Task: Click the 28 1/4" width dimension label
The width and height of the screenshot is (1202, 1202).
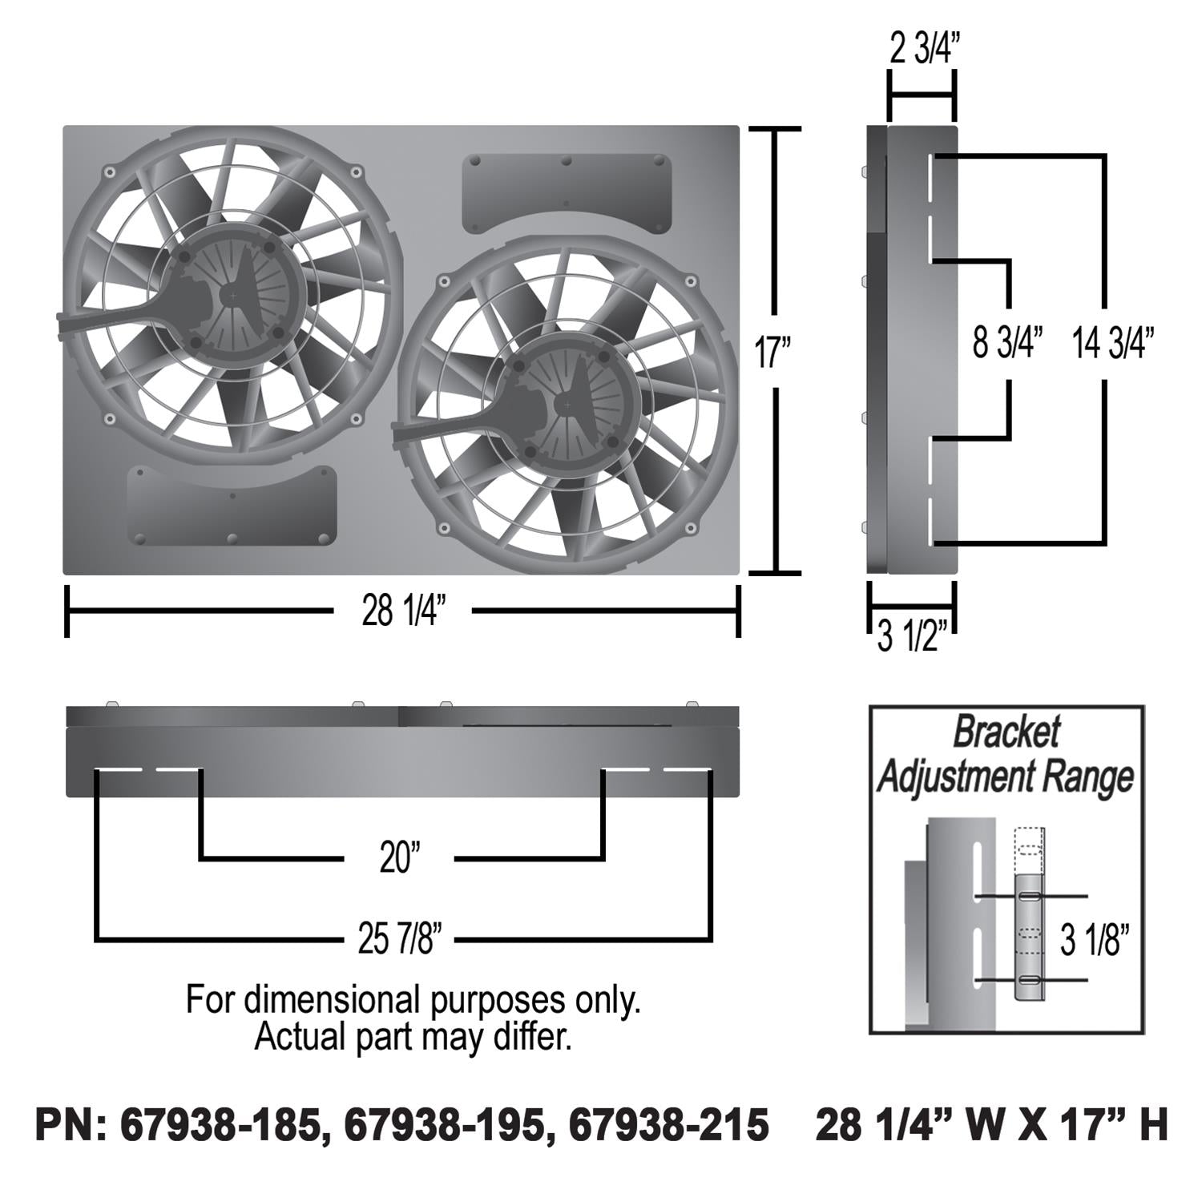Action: [x=402, y=611]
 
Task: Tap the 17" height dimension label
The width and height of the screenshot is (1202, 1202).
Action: [x=773, y=352]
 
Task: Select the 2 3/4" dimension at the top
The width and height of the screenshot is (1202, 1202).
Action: [x=924, y=50]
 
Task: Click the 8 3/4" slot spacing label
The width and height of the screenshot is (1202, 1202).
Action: [x=1007, y=342]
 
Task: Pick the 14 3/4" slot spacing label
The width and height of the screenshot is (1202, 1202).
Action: [x=1113, y=342]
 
